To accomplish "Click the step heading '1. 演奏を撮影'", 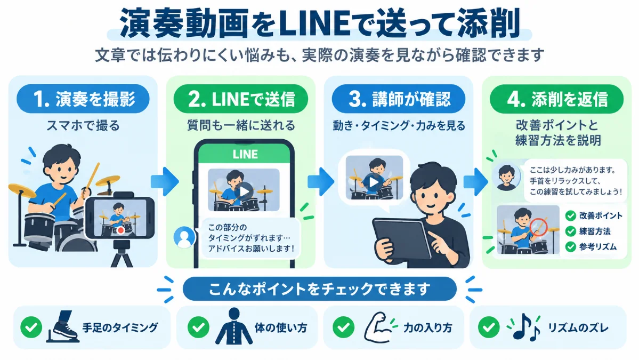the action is click(83, 99).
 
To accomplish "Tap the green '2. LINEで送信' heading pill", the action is click(241, 99).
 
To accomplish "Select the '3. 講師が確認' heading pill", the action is click(399, 99).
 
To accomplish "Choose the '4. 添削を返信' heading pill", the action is click(557, 99).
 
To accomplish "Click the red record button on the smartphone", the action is click(120, 230).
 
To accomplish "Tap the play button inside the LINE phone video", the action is click(244, 191).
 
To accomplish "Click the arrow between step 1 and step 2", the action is click(165, 181).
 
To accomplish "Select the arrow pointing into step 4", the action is click(475, 181).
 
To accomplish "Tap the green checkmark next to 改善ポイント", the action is click(571, 215).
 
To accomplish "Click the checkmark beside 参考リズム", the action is click(571, 246).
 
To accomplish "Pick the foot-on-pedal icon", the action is click(63, 326).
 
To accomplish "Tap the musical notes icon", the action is click(524, 327).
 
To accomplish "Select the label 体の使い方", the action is click(281, 327).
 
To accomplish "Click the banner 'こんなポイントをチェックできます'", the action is click(320, 289).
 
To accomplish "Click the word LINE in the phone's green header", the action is click(245, 154).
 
